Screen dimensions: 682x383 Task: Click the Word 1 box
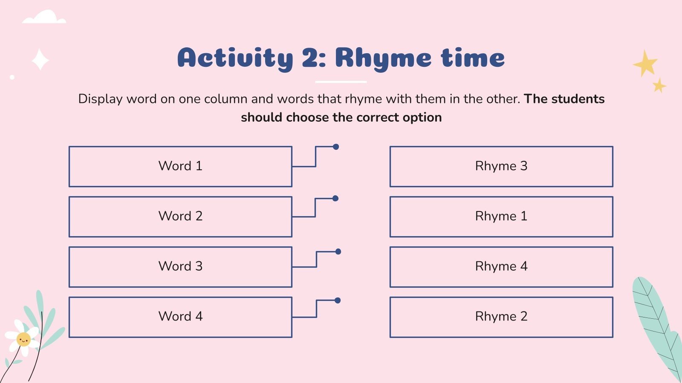pyautogui.click(x=181, y=166)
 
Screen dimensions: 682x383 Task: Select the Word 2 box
pyautogui.click(x=181, y=217)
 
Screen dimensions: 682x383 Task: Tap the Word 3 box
pyautogui.click(x=181, y=267)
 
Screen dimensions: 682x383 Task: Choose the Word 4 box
pyautogui.click(x=181, y=317)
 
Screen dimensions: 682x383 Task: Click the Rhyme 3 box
pyautogui.click(x=501, y=166)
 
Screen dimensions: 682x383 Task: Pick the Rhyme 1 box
pyautogui.click(x=501, y=217)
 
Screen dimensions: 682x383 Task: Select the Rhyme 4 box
pyautogui.click(x=501, y=267)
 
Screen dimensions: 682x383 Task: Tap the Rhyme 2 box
pyautogui.click(x=501, y=317)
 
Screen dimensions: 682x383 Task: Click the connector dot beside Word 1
pyautogui.click(x=336, y=147)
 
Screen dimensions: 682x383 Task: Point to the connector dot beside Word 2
pyautogui.click(x=335, y=198)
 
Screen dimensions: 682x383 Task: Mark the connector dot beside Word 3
pyautogui.click(x=338, y=252)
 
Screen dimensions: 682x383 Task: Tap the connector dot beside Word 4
pyautogui.click(x=337, y=300)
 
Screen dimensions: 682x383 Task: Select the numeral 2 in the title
pyautogui.click(x=311, y=57)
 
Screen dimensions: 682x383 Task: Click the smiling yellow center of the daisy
pyautogui.click(x=23, y=339)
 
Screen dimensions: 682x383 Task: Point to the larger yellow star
pyautogui.click(x=645, y=63)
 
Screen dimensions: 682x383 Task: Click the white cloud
pyautogui.click(x=44, y=17)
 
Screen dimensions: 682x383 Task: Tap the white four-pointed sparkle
pyautogui.click(x=40, y=60)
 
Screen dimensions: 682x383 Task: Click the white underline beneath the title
pyautogui.click(x=341, y=82)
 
